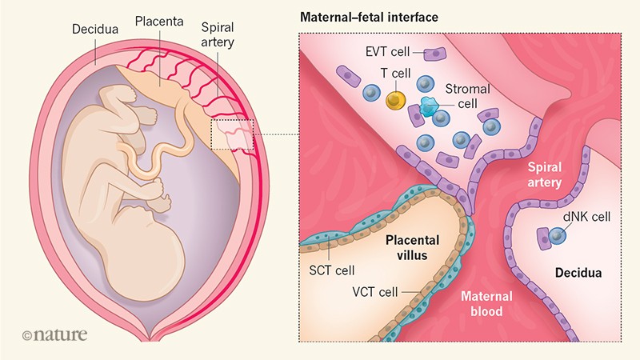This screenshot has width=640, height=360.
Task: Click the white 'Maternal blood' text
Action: point(485,303)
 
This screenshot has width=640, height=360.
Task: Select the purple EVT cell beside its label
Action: point(435,54)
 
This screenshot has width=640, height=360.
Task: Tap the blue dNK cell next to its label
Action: point(556,234)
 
